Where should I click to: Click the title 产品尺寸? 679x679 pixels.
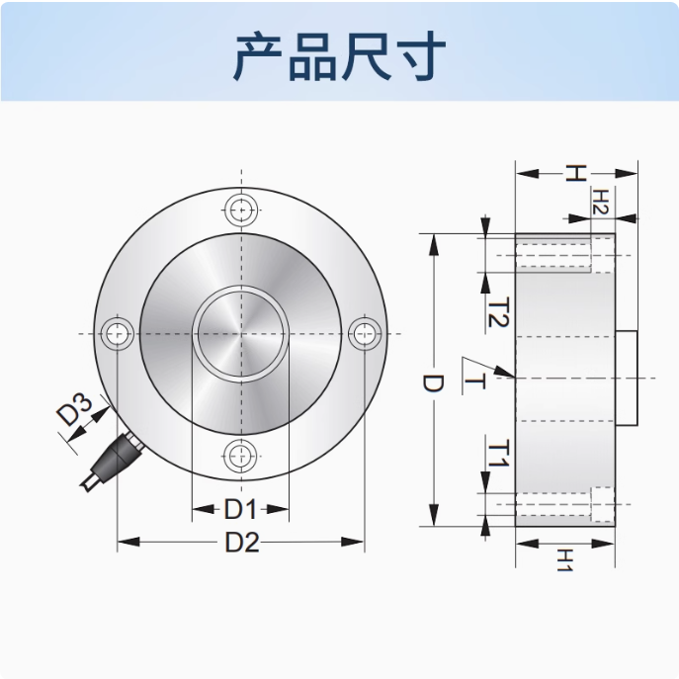[x=340, y=56]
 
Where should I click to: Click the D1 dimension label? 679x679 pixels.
[x=241, y=509]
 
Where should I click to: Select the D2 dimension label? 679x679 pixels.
[x=242, y=543]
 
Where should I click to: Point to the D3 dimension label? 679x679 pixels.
[x=74, y=409]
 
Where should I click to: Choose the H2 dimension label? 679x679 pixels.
[x=600, y=203]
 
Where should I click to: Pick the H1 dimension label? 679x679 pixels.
[x=565, y=560]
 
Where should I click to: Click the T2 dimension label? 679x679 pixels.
[x=498, y=312]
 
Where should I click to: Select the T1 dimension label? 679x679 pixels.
[x=498, y=453]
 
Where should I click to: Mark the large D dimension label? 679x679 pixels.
[x=433, y=383]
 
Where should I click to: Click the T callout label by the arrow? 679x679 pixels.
[x=474, y=382]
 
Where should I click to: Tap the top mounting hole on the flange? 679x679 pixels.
[x=241, y=210]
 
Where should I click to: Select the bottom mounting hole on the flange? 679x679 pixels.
[x=240, y=456]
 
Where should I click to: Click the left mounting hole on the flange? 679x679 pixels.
[x=118, y=333]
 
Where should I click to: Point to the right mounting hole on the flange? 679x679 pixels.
[x=365, y=333]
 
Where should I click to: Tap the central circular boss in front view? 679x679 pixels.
[x=241, y=333]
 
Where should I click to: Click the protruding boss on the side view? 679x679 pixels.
[x=627, y=378]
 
